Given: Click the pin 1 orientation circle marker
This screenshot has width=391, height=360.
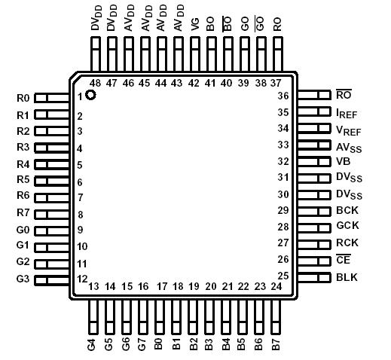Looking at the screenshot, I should pos(90,95).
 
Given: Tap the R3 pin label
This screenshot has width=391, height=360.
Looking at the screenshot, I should pos(23,147).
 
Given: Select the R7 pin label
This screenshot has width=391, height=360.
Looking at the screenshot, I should pos(23,213).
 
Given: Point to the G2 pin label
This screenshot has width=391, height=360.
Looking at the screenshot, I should pos(23,262).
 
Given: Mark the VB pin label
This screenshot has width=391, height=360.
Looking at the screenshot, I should pos(344,161).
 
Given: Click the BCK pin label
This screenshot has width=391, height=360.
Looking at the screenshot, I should pos(347,211).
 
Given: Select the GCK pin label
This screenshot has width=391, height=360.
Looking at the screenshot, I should pos(347,227).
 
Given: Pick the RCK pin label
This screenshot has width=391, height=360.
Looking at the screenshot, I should pos(347,243).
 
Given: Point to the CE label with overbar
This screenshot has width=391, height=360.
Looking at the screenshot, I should pos(343,260).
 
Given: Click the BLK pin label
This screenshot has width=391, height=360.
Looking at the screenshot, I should pos(347,277).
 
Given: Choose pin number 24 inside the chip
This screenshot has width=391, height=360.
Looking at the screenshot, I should pos(276,287).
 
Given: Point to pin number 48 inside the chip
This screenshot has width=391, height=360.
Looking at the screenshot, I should pos(95,83).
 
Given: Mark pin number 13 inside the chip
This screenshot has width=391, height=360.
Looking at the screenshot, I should pos(94,287).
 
